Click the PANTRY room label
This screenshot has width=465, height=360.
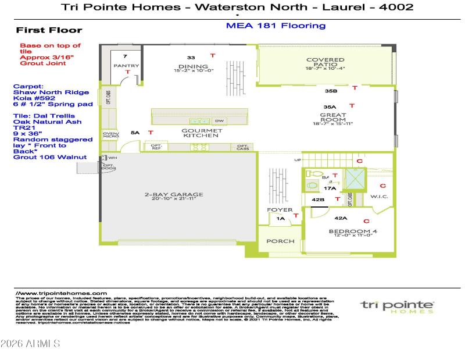click(x=126, y=66)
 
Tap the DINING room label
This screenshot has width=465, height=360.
click(x=189, y=66)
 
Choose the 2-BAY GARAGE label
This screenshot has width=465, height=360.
click(x=175, y=195)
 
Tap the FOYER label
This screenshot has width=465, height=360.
click(x=276, y=209)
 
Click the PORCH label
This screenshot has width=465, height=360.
click(x=280, y=241)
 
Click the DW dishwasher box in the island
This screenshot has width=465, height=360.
click(x=219, y=121)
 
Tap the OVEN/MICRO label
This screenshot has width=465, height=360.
click(x=110, y=136)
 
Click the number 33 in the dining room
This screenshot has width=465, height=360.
click(x=191, y=58)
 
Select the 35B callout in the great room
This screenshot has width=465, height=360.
click(x=331, y=91)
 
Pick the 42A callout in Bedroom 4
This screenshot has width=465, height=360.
click(x=341, y=219)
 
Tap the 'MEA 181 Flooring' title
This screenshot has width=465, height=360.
click(x=275, y=26)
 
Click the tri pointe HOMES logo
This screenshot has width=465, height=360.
click(x=397, y=306)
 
